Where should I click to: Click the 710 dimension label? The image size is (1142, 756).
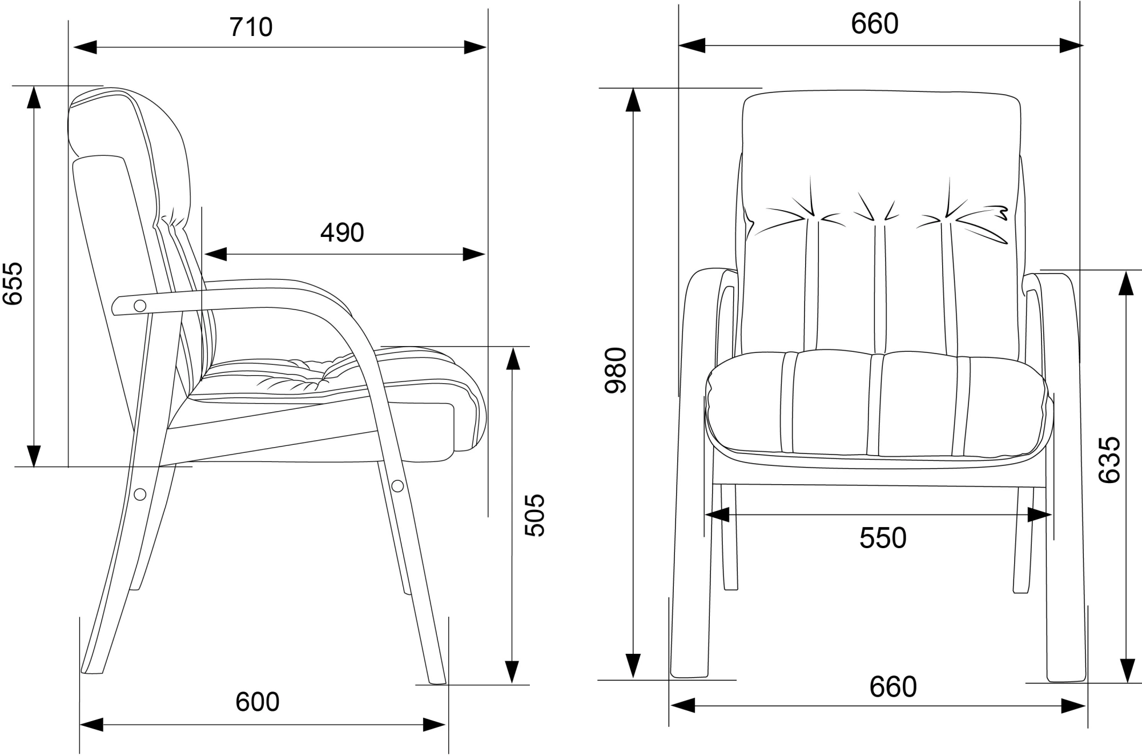[251, 27]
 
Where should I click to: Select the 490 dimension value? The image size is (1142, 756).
[342, 233]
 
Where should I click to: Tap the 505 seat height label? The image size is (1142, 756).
[535, 515]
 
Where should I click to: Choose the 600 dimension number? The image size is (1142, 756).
[258, 702]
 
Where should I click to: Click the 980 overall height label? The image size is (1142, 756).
[617, 370]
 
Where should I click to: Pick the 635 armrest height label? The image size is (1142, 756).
[1110, 460]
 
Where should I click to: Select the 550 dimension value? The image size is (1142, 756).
[883, 538]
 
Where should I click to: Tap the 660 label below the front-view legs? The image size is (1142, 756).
[893, 687]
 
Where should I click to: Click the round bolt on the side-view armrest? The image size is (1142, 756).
[139, 306]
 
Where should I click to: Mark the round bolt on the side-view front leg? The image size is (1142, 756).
[397, 486]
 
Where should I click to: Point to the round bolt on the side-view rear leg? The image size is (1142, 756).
[140, 494]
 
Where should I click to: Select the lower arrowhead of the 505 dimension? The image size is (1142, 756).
[512, 671]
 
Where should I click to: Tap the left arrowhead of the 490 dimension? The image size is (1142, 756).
[215, 254]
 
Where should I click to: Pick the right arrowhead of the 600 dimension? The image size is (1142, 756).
[433, 725]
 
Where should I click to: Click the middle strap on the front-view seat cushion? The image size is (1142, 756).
[874, 404]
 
